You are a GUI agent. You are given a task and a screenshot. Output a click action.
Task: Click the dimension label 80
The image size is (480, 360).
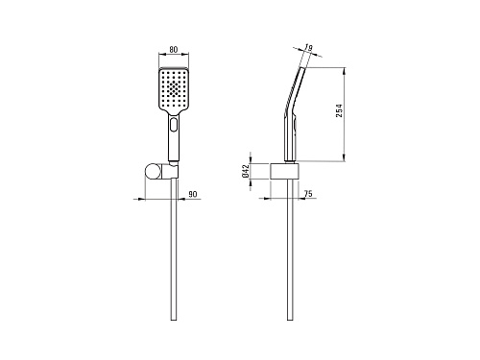[173, 50]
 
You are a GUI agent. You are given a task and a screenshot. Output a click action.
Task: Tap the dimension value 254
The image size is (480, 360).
[339, 110]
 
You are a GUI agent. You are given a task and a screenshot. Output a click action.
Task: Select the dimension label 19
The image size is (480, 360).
[308, 48]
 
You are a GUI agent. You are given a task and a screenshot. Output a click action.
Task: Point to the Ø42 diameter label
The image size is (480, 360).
[246, 172]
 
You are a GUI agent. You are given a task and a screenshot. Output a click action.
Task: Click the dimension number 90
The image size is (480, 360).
[193, 194]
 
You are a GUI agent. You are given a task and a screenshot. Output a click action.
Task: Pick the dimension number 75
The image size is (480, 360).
[308, 194]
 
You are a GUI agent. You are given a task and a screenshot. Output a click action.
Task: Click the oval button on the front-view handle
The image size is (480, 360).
[174, 125]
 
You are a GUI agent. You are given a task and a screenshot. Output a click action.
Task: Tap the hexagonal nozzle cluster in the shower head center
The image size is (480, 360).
[174, 87]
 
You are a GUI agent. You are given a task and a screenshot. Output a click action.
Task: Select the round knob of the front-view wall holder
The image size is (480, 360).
[152, 172]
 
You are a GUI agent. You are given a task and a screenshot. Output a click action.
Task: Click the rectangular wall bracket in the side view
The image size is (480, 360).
[285, 171]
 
